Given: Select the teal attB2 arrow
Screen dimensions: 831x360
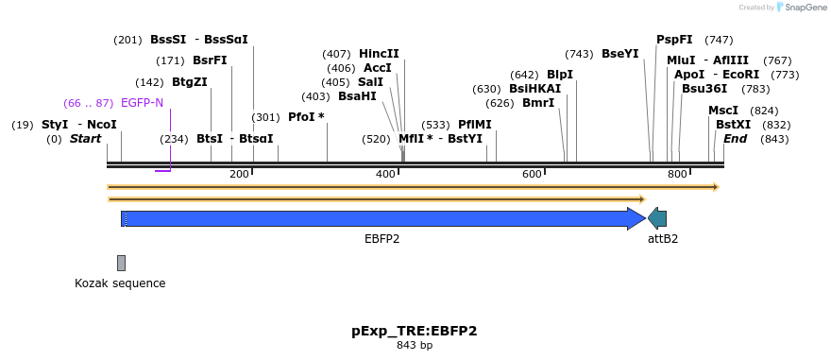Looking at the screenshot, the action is pos(657,218).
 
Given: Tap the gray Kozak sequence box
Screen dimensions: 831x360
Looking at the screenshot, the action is pos(122,263).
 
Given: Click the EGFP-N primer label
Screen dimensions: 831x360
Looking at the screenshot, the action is pos(142,103).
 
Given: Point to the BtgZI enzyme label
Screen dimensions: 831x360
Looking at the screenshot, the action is pos(190,82).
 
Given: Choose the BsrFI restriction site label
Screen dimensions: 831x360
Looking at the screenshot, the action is pos(210,60).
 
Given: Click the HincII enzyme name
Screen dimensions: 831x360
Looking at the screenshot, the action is pos(379,54).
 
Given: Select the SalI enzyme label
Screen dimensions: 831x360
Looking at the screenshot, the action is pos(370,82).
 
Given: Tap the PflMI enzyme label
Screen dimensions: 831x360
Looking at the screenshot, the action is pos(475,125).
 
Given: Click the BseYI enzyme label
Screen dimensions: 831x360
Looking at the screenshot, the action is pos(620,54).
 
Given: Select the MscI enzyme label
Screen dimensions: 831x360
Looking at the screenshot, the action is pos(723,111).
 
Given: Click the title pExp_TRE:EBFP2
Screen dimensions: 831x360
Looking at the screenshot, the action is pos(415,332).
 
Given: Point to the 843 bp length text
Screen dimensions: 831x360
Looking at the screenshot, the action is pos(415,346).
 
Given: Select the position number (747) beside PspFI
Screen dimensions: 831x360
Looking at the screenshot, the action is pos(719,40).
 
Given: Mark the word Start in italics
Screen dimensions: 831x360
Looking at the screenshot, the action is pos(86,139).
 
